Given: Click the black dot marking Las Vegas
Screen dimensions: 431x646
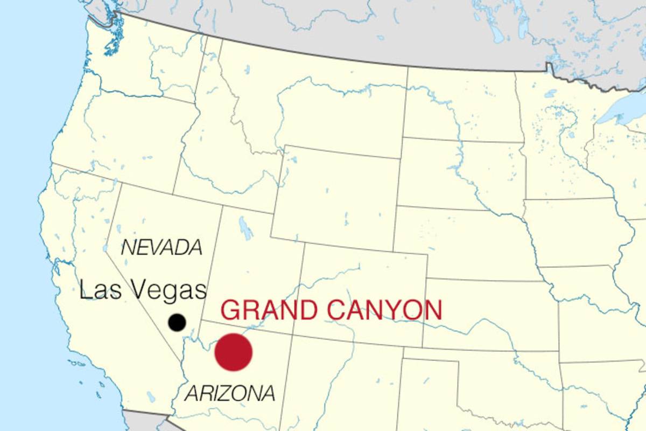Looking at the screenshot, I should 177,322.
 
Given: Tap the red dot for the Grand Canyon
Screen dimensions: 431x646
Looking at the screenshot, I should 234,352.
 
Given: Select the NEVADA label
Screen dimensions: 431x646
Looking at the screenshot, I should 161,248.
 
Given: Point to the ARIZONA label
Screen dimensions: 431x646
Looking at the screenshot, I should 230,393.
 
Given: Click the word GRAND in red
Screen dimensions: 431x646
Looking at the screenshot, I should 269,311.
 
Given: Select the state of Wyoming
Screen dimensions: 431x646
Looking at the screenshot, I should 334,194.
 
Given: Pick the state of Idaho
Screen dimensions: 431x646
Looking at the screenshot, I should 215,151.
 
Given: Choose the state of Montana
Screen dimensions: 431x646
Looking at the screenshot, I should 312,92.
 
